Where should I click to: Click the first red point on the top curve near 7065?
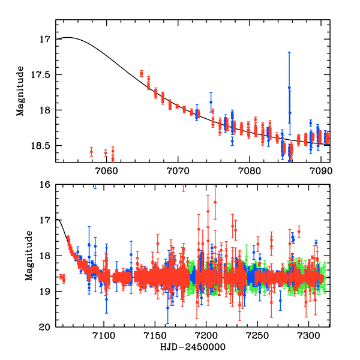[x=142, y=74]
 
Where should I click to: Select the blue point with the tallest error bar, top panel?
[x=289, y=88]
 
